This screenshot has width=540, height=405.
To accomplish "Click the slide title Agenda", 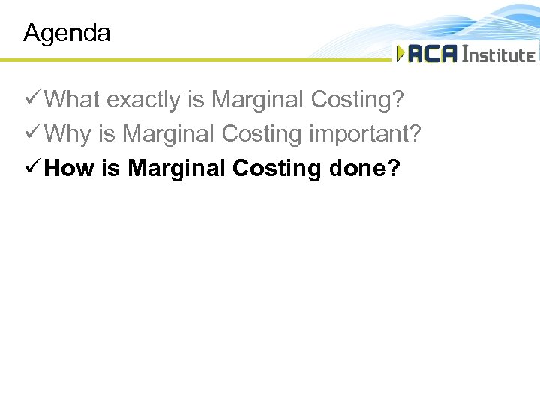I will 67,33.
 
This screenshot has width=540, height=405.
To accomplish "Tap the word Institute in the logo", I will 498,54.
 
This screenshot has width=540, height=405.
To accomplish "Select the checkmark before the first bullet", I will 33,99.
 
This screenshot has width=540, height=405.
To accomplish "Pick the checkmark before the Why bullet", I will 33,133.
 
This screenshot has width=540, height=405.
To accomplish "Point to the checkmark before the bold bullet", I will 33,168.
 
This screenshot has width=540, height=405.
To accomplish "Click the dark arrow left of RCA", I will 400,54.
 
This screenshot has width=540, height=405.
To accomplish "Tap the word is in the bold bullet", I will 110,168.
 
